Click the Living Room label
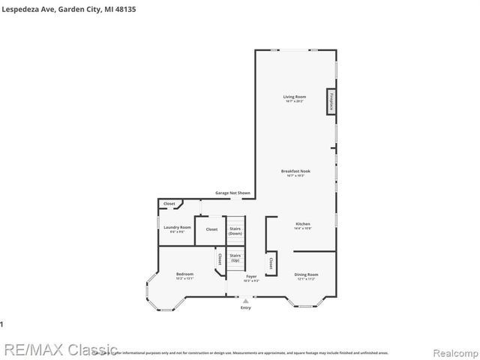(x=295, y=97)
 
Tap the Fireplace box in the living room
(x=330, y=101)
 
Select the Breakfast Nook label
(x=295, y=171)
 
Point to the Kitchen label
(x=303, y=223)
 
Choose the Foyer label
(x=251, y=277)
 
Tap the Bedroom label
(x=184, y=274)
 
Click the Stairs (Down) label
(x=235, y=231)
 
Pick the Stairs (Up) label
(x=235, y=257)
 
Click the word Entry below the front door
(x=246, y=308)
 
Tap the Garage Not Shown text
(x=232, y=193)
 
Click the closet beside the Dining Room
(x=269, y=262)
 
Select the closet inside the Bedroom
(x=220, y=259)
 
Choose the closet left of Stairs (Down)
(x=211, y=229)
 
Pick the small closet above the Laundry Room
(x=169, y=203)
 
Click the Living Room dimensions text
(x=295, y=101)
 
